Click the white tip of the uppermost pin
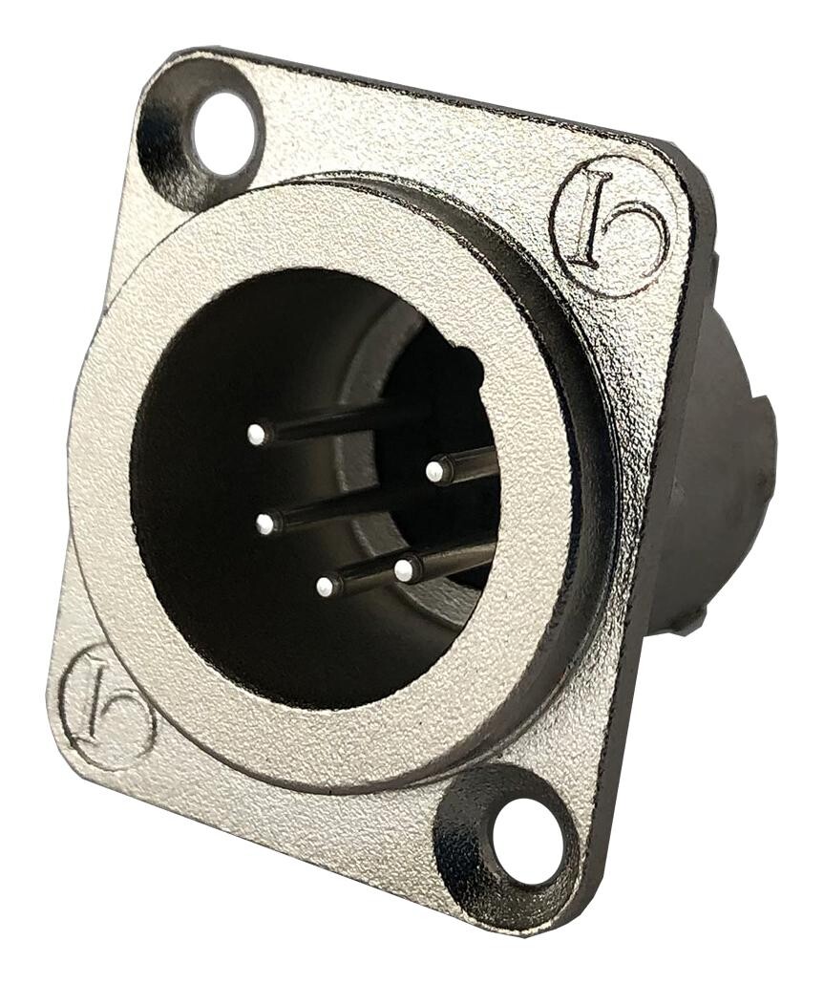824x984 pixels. (x=255, y=435)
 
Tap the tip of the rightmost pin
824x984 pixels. (x=434, y=470)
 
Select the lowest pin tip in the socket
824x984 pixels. (x=327, y=585)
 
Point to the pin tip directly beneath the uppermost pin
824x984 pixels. (x=264, y=523)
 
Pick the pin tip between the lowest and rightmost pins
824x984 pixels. (x=404, y=570)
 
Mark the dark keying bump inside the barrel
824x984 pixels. (x=449, y=373)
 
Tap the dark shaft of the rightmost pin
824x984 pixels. (x=473, y=462)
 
